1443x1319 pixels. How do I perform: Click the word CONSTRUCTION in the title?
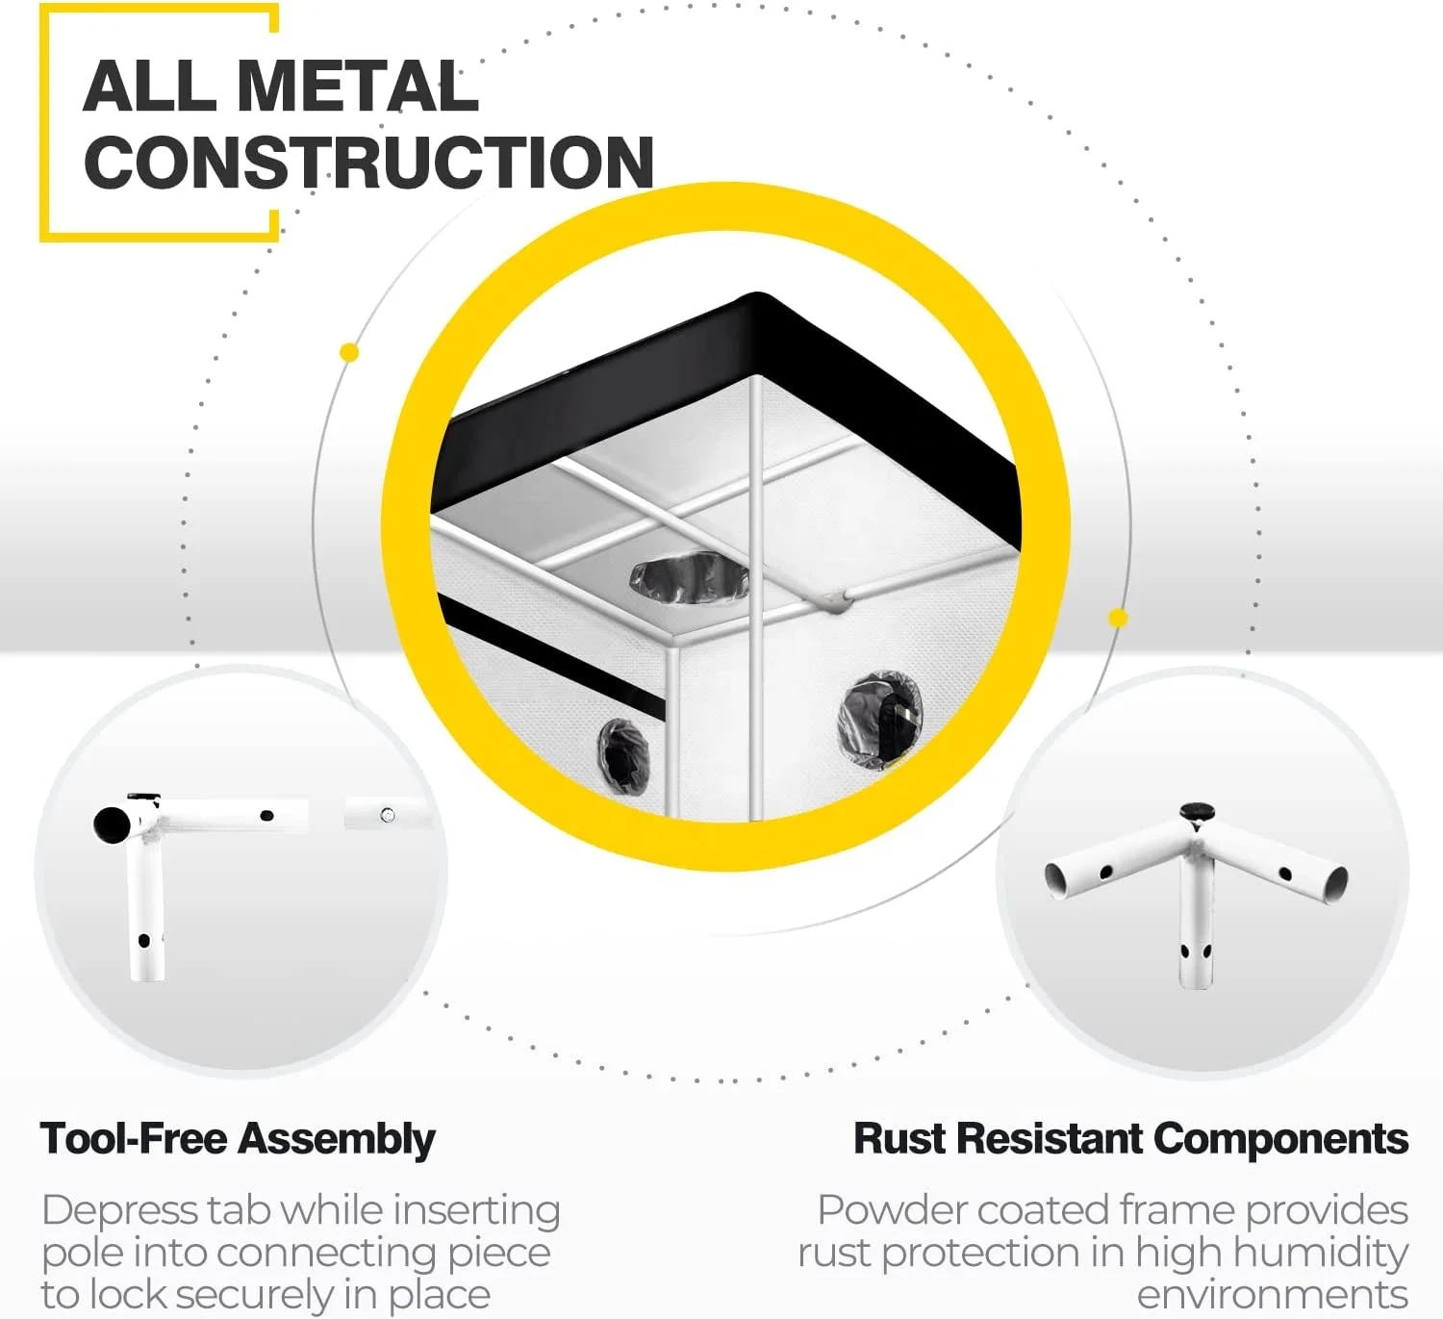(x=369, y=162)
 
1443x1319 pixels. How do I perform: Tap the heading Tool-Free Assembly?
(x=238, y=1139)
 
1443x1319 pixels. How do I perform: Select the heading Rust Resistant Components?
(x=1130, y=1139)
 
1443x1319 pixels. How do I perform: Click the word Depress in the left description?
(x=112, y=1210)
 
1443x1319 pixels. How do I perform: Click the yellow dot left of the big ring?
(x=350, y=353)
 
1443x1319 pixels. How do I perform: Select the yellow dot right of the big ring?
(x=1118, y=618)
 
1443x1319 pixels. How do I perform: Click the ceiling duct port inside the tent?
(x=688, y=576)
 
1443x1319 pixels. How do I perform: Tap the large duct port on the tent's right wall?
(x=879, y=720)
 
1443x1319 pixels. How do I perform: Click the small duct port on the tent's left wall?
(x=622, y=755)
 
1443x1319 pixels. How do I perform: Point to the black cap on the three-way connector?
(x=1196, y=813)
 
